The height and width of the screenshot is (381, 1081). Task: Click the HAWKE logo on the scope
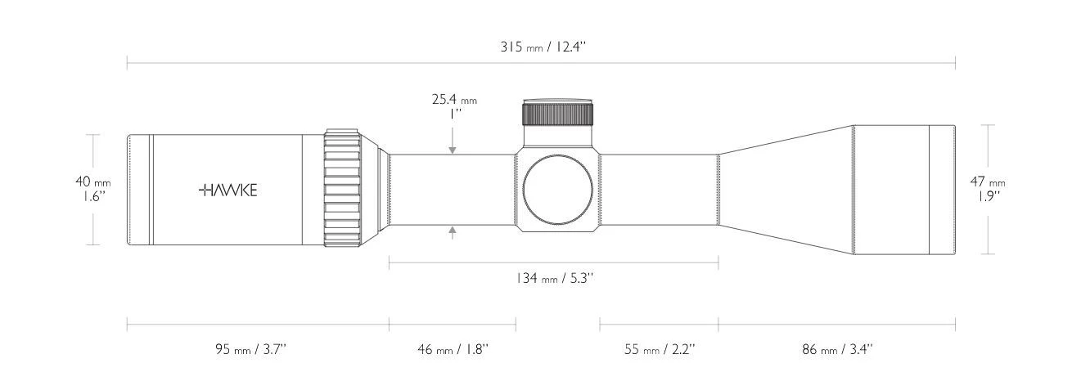click(228, 190)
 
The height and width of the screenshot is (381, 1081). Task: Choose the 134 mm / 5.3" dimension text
click(554, 279)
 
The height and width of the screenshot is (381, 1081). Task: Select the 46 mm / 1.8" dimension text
click(452, 349)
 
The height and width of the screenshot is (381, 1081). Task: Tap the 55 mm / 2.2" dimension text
click(659, 349)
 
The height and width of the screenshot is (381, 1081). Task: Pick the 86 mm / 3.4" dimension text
click(836, 349)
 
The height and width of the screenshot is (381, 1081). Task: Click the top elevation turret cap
click(557, 112)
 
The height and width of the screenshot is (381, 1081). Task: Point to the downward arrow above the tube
click(453, 149)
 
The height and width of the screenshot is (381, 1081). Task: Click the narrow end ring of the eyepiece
click(138, 190)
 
